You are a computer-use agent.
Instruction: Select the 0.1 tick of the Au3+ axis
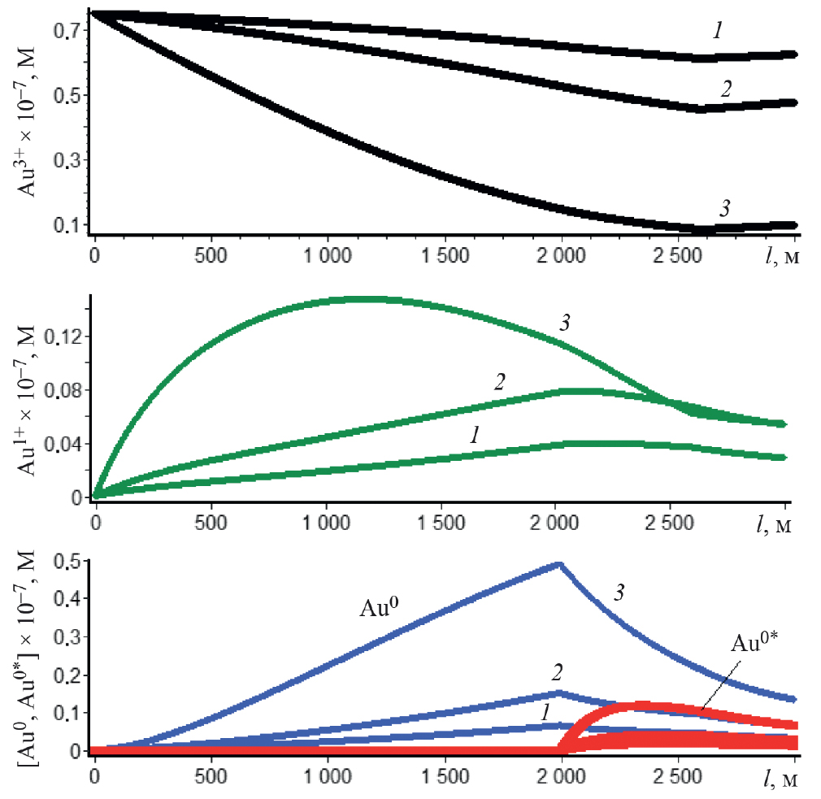point(67,224)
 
